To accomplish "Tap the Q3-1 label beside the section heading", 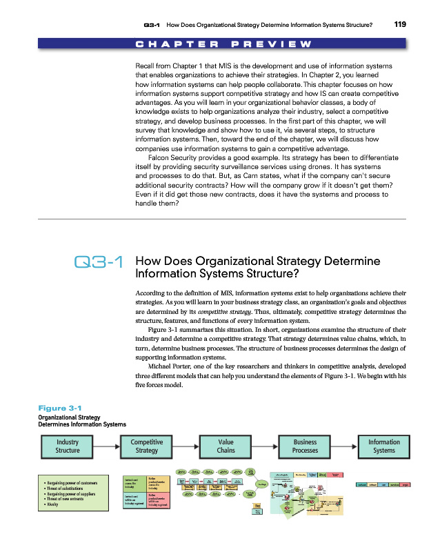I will point(97,263).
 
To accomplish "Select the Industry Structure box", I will point(68,446).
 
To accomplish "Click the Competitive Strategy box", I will point(146,446).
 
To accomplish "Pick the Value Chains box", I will point(225,446).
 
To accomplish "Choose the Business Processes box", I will point(305,446).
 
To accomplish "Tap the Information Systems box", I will point(383,446).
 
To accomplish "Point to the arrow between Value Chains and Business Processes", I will point(265,446).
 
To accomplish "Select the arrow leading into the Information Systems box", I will point(344,446).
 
